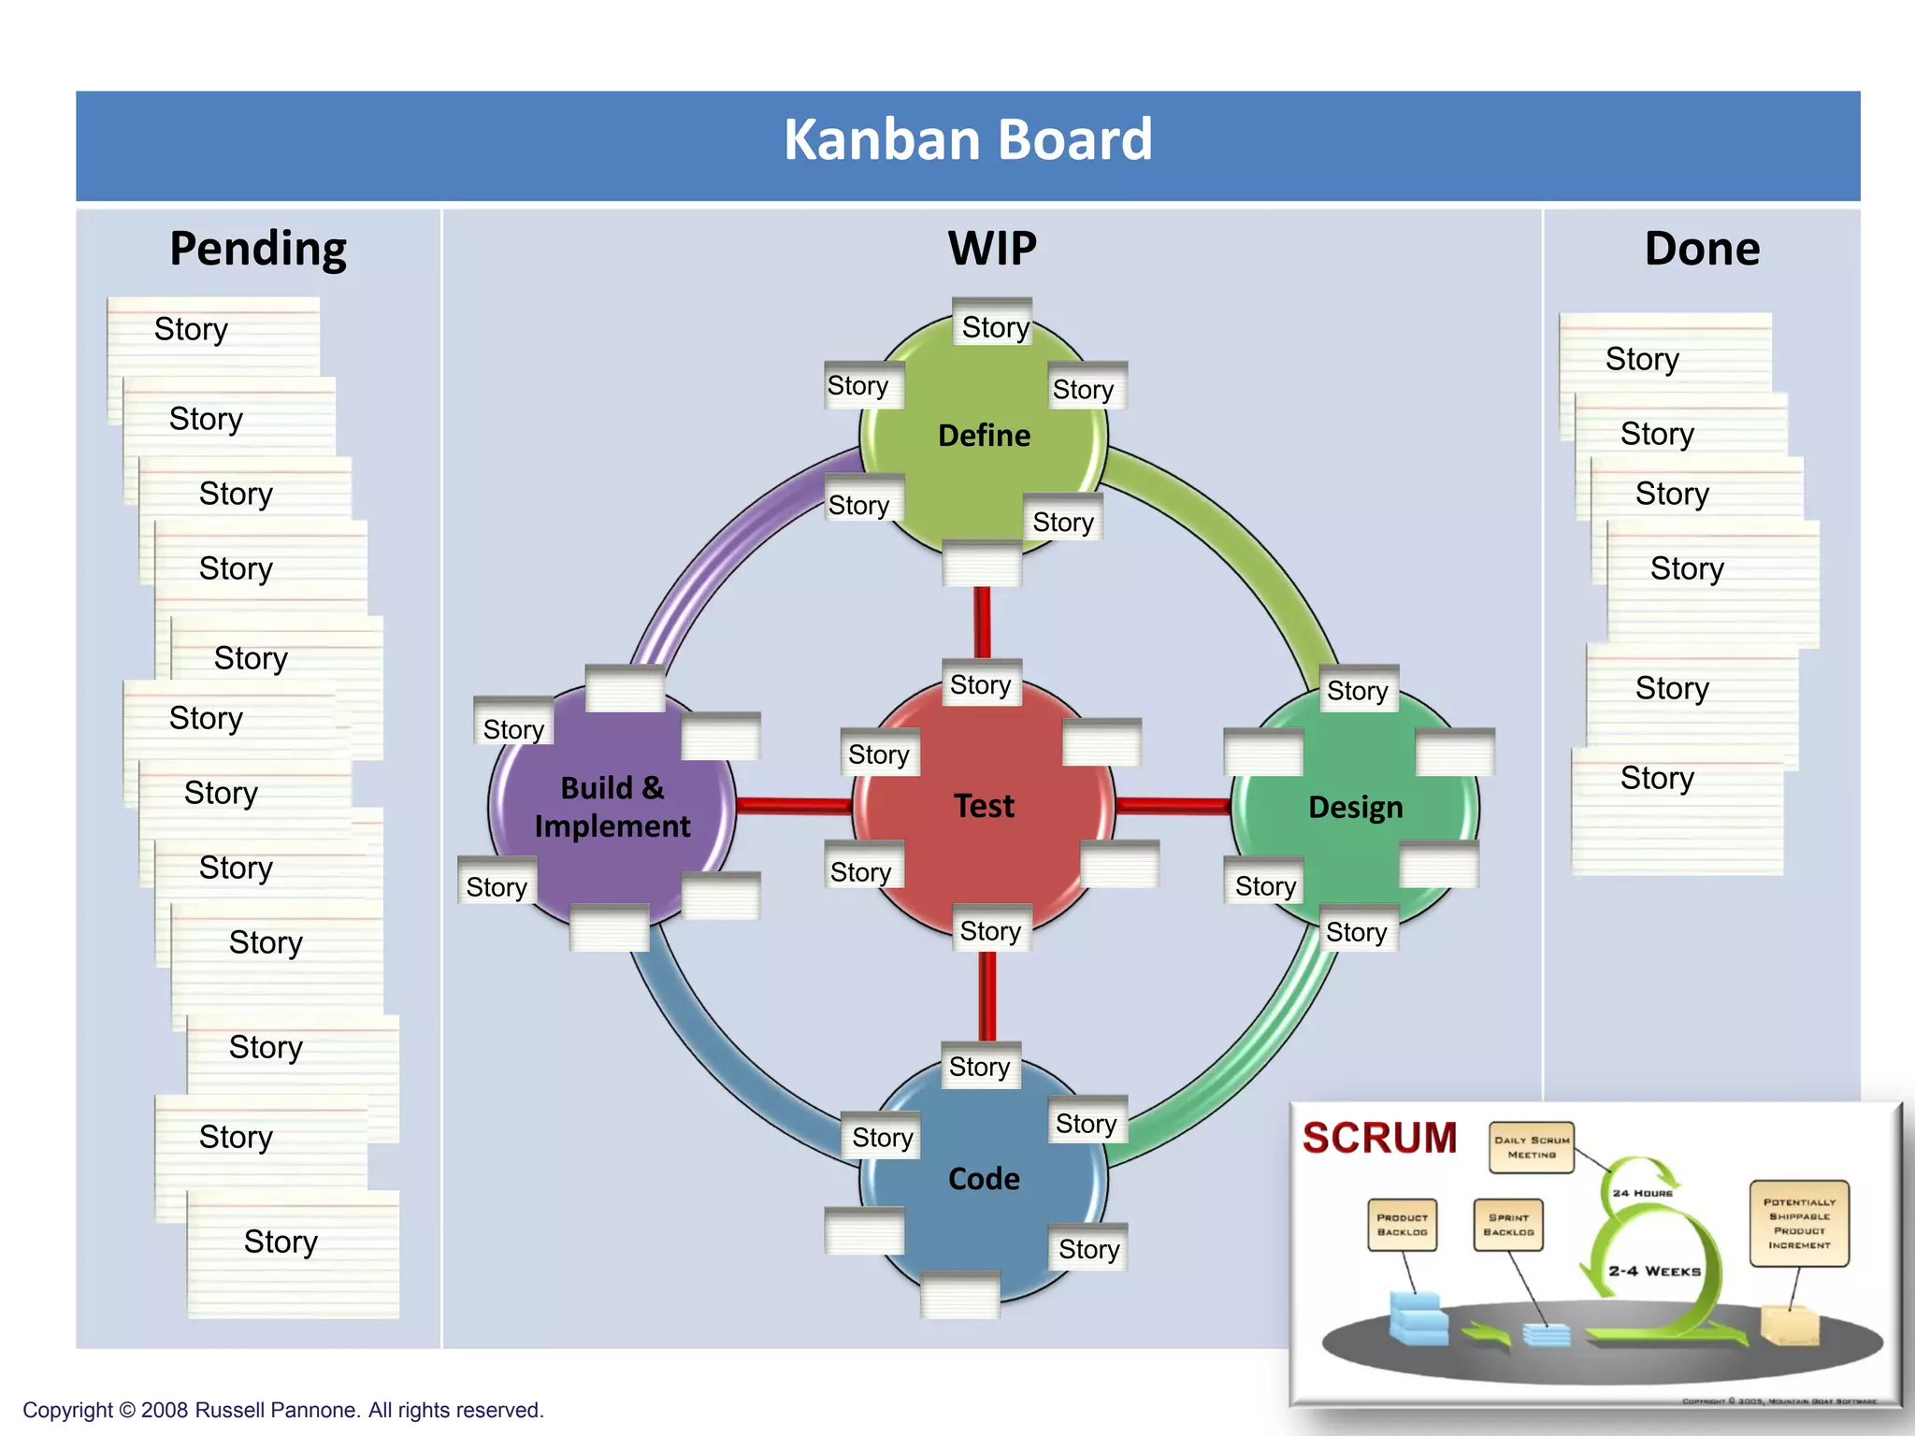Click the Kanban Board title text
point(968,140)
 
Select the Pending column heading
point(258,250)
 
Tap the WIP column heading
point(992,250)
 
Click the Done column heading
point(1702,250)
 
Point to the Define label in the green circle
point(984,436)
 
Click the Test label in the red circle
point(984,806)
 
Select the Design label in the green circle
point(1355,807)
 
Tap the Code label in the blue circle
point(984,1179)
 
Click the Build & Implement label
point(612,807)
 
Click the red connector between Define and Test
point(982,622)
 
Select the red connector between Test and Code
point(987,996)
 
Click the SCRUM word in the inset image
point(1379,1139)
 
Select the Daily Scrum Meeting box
point(1532,1147)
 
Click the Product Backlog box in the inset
point(1402,1225)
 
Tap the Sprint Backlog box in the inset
point(1508,1225)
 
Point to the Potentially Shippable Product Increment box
point(1799,1223)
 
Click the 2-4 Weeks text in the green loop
point(1654,1271)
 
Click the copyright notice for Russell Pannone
point(283,1410)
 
